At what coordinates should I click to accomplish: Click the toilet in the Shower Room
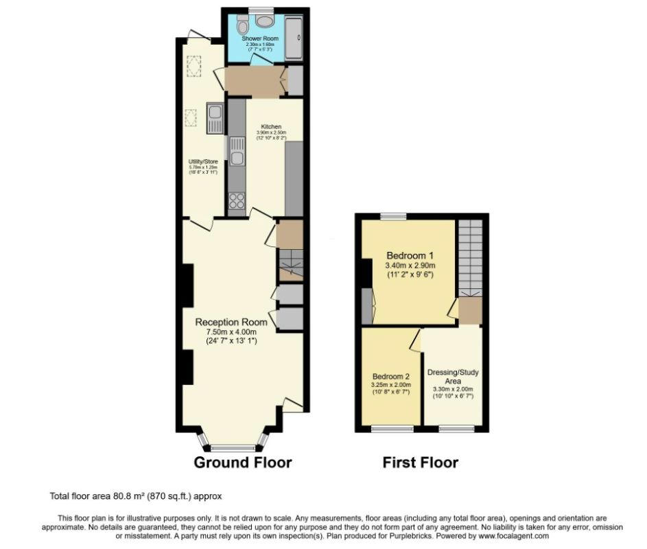[241, 26]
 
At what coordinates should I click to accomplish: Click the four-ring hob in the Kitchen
[237, 200]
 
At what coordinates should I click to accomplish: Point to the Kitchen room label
[270, 127]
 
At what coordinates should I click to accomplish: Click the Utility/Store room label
[203, 162]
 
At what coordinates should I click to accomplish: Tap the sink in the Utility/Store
[215, 118]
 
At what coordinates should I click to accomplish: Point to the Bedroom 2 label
[391, 376]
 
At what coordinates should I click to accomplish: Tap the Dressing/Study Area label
[453, 376]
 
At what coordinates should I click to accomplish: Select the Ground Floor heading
[243, 462]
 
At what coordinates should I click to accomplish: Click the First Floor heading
[420, 462]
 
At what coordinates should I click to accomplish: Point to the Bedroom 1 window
[393, 216]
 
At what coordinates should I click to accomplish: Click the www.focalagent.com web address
[514, 535]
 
